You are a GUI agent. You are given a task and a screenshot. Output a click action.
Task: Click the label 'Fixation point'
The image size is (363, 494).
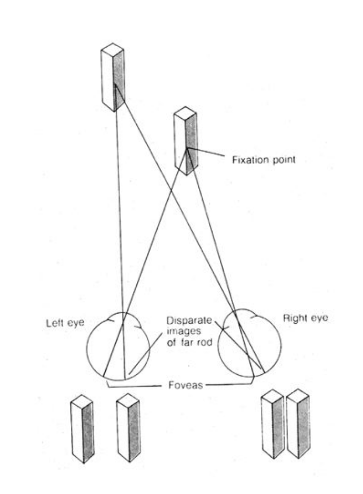(x=264, y=159)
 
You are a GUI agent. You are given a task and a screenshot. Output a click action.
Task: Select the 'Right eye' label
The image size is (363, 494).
(x=305, y=318)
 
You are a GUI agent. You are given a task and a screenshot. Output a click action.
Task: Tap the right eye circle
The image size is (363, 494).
(x=249, y=347)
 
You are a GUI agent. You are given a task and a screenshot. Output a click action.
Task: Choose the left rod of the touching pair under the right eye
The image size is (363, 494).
(x=273, y=425)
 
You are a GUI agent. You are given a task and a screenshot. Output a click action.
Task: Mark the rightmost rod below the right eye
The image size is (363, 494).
(x=298, y=425)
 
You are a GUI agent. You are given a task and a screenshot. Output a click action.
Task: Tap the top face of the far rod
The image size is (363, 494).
(x=113, y=49)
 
